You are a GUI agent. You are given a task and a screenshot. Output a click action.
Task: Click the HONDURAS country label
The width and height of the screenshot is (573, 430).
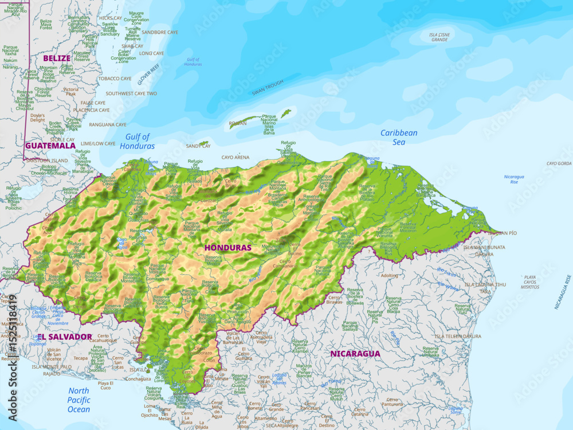(228, 248)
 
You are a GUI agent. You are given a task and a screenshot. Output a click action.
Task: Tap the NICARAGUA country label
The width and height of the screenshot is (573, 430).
(355, 354)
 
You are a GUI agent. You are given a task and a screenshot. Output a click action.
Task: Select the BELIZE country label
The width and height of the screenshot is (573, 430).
(57, 58)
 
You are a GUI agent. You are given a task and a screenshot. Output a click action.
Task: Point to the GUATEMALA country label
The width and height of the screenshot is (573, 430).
(50, 146)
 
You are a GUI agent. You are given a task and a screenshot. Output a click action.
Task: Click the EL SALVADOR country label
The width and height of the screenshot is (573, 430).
(65, 337)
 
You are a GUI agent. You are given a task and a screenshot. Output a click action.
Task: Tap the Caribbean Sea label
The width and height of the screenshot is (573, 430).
(399, 137)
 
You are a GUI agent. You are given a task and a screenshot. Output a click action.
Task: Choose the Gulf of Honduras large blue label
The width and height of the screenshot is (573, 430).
(137, 141)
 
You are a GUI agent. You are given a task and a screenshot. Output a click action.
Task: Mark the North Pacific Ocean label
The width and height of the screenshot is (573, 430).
(79, 400)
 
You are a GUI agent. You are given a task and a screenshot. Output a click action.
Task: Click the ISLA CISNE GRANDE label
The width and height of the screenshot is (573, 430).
(439, 37)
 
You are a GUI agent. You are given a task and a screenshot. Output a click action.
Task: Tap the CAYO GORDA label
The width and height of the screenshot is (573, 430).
(559, 163)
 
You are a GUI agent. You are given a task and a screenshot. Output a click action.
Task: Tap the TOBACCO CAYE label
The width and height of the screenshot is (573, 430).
(115, 79)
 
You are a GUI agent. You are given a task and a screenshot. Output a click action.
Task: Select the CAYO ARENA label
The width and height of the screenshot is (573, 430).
(236, 157)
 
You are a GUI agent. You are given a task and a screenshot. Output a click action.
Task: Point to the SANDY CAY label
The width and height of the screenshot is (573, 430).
(198, 146)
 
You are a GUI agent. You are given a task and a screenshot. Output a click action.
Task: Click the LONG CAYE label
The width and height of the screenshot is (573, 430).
(151, 53)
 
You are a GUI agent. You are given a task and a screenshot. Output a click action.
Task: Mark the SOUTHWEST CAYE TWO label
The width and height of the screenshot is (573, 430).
(131, 93)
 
